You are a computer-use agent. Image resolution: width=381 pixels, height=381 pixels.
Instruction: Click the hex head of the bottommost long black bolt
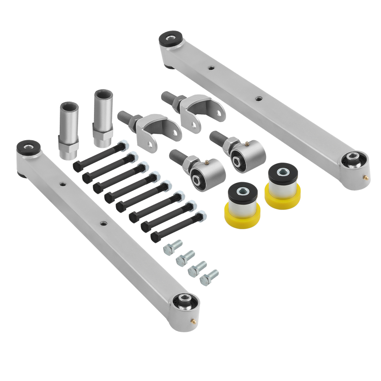(155, 237)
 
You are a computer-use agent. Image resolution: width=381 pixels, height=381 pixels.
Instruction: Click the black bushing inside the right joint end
(239, 160)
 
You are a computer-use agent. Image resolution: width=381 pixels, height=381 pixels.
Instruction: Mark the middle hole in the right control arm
(259, 98)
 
